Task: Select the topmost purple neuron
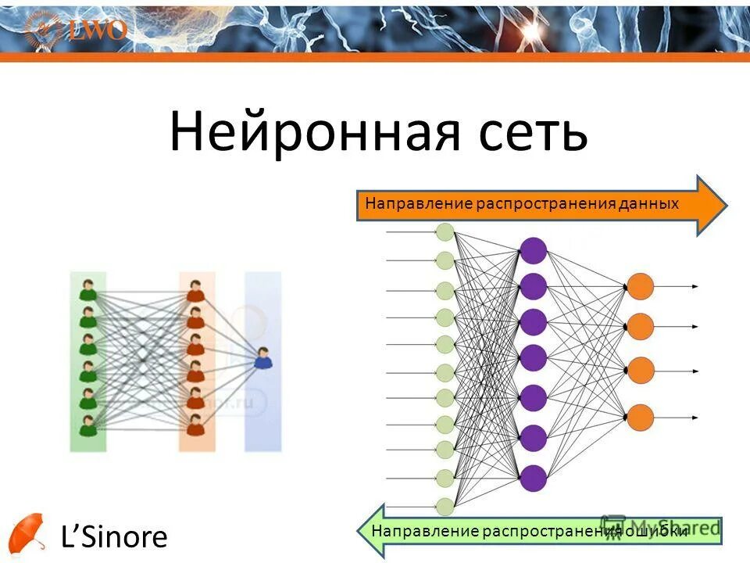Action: (x=533, y=250)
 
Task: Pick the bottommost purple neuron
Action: (x=533, y=477)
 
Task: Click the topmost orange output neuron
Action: (x=640, y=286)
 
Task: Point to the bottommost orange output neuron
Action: (x=640, y=417)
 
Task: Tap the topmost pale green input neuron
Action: (x=445, y=231)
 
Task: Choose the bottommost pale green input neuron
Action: (x=445, y=506)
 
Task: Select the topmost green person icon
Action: (x=88, y=290)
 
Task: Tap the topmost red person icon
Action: (x=195, y=290)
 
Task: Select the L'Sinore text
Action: (x=114, y=536)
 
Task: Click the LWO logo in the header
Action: (x=86, y=30)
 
